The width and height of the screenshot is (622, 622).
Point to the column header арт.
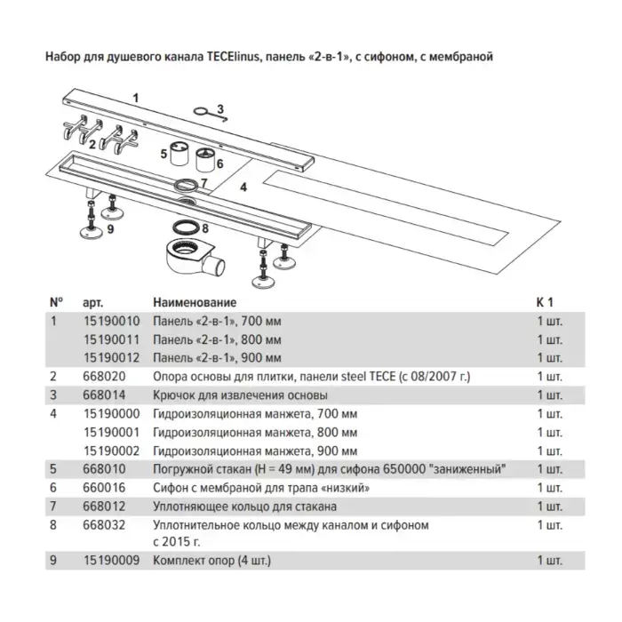92,303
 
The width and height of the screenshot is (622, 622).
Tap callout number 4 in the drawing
243,187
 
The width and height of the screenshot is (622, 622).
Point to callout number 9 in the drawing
110,229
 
